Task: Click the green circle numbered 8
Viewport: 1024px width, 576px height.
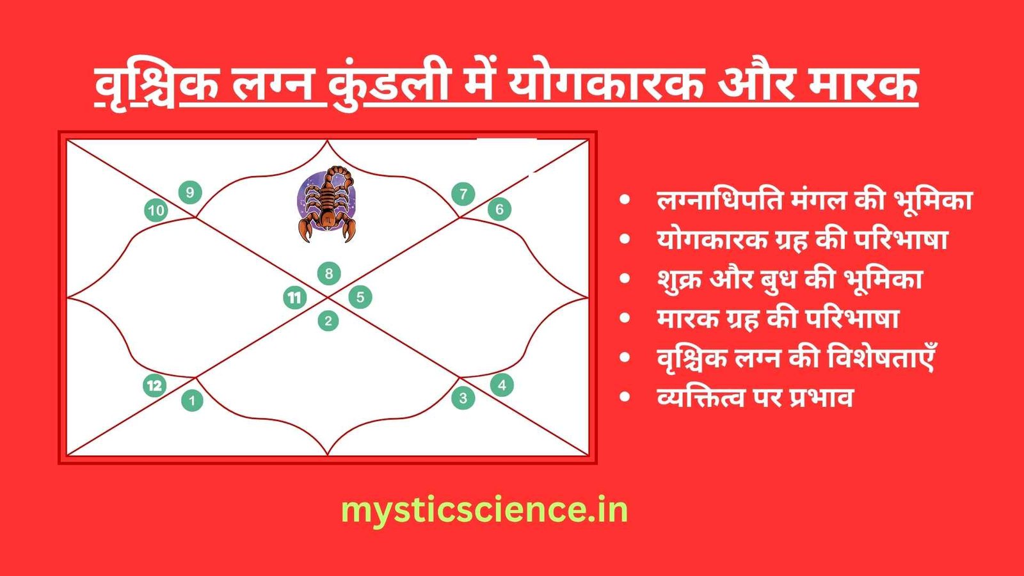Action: click(x=329, y=274)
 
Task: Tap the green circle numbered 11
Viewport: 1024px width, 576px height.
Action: click(x=295, y=298)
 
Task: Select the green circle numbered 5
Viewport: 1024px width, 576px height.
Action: click(x=360, y=297)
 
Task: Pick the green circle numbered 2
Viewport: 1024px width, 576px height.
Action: click(x=328, y=321)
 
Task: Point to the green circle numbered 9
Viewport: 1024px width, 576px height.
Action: click(x=190, y=193)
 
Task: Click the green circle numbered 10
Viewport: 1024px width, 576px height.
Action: click(x=156, y=211)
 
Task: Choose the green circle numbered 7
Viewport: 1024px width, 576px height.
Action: click(x=463, y=194)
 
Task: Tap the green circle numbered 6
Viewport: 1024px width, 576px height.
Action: click(x=499, y=209)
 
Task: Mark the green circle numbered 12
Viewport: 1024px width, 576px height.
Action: click(x=154, y=385)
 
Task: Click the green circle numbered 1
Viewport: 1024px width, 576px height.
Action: click(x=192, y=401)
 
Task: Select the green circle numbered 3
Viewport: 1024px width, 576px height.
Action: click(x=463, y=397)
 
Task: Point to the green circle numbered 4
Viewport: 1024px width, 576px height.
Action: click(x=502, y=385)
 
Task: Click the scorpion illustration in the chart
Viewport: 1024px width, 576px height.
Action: click(x=327, y=204)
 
